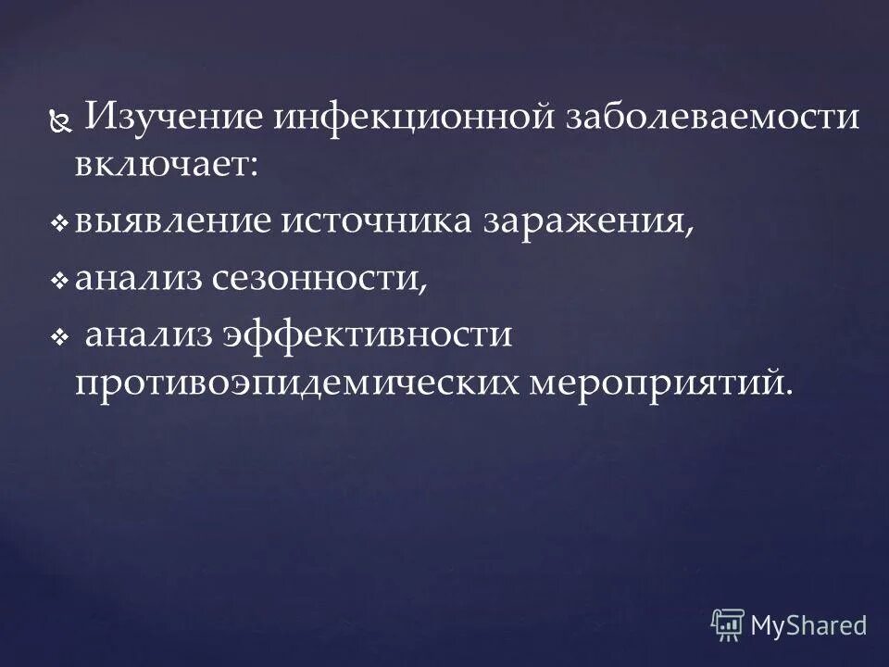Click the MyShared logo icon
[x=728, y=625]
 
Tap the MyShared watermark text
[x=808, y=625]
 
